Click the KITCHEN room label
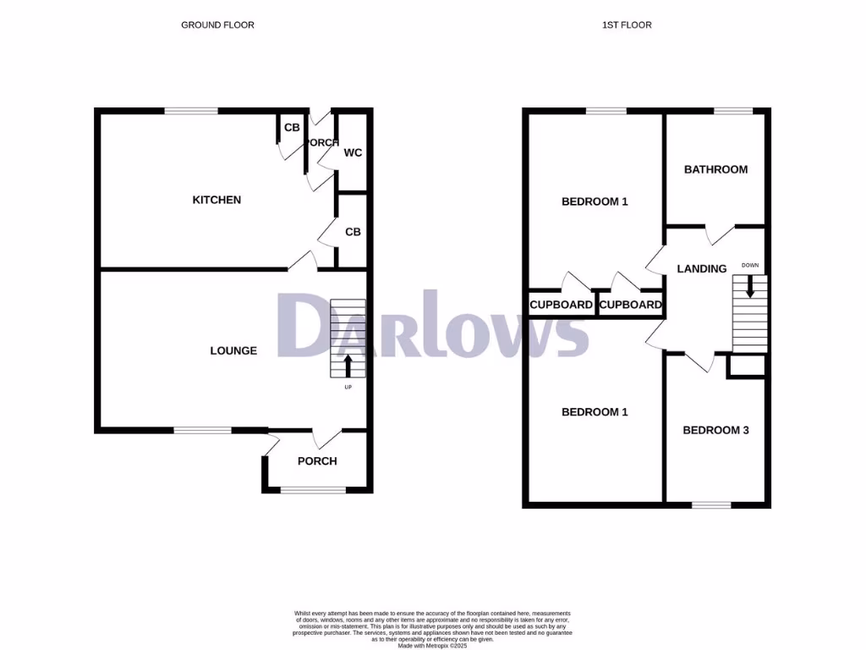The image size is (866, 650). (x=216, y=200)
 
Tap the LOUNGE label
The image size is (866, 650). (x=233, y=350)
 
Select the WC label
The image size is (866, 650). (x=353, y=153)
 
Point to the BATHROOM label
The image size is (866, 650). (x=715, y=169)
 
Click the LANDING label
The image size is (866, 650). (x=702, y=269)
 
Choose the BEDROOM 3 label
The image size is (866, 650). (x=715, y=430)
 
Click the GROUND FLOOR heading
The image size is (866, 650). (x=217, y=25)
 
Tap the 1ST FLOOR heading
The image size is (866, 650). (x=627, y=25)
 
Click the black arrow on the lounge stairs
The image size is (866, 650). (x=348, y=365)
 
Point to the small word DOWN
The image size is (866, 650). (x=750, y=265)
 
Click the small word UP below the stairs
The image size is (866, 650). (x=348, y=388)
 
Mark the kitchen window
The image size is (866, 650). (x=191, y=111)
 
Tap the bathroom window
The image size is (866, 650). (x=732, y=111)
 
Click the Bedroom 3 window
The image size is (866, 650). (x=711, y=505)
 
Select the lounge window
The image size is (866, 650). (x=203, y=430)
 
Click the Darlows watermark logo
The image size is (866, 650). (x=433, y=325)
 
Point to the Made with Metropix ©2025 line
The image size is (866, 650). (x=432, y=646)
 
